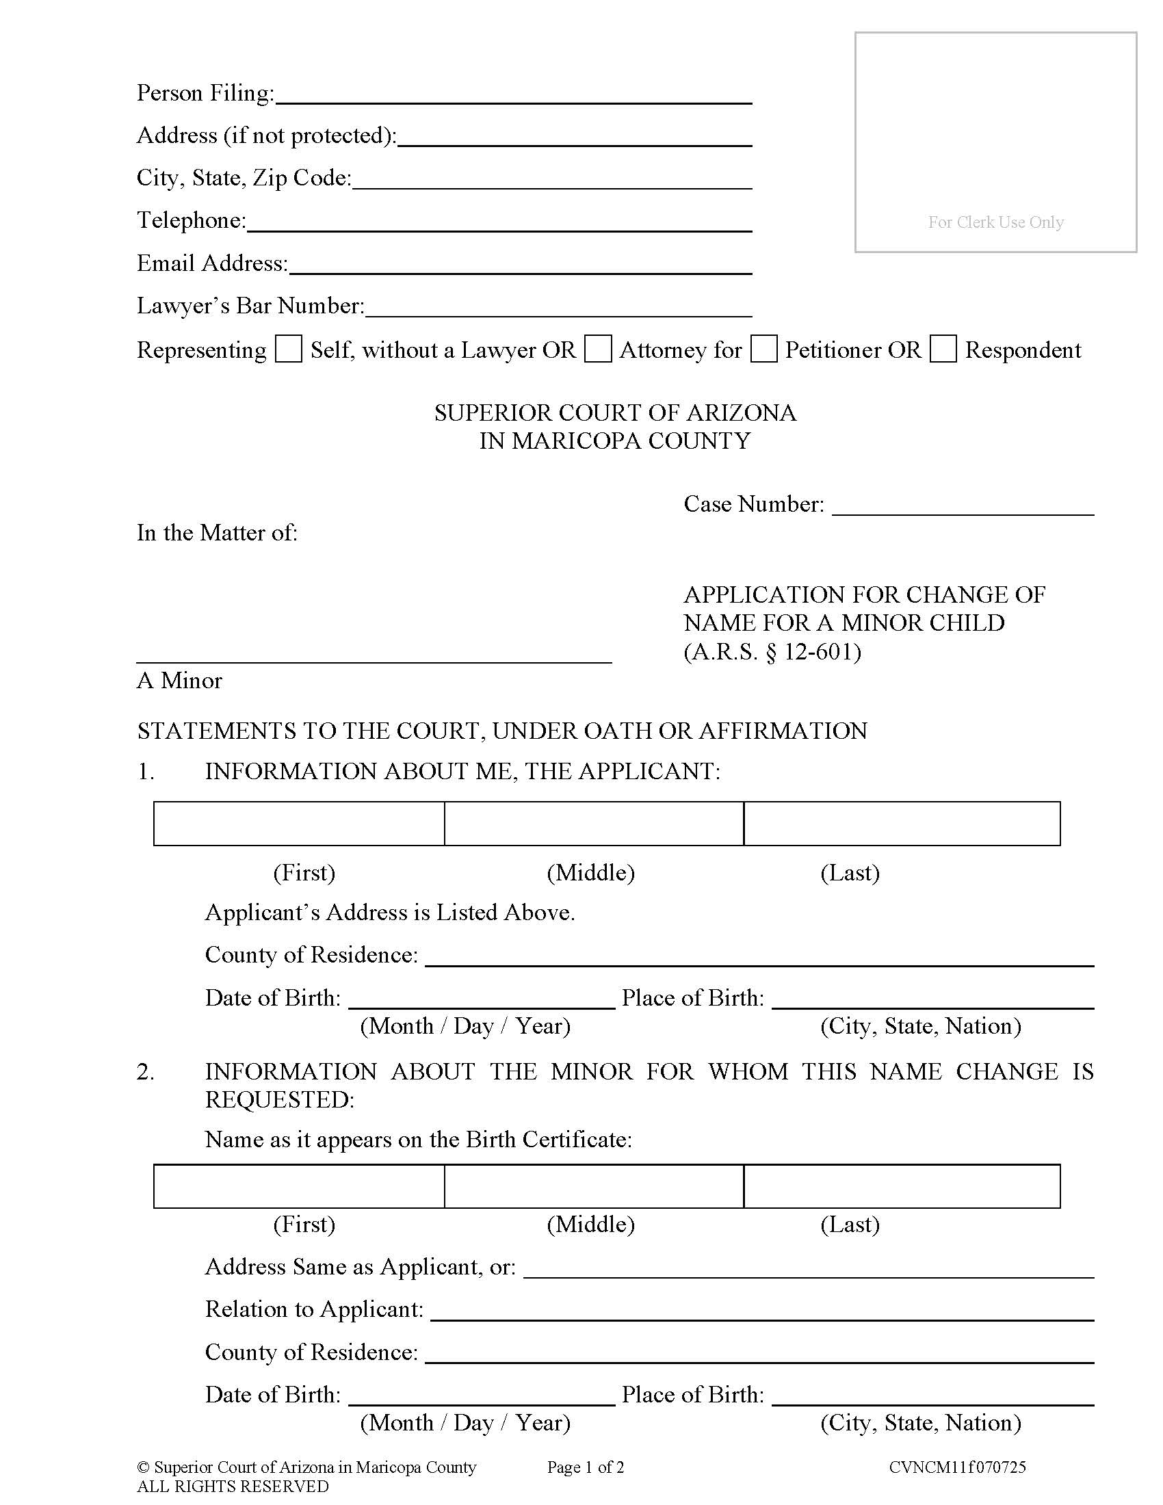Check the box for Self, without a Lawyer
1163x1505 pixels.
tap(288, 349)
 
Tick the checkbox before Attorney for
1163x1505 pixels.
tap(597, 349)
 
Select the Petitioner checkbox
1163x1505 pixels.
tap(763, 349)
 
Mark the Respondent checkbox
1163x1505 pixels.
tap(943, 349)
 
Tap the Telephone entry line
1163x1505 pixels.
tap(499, 222)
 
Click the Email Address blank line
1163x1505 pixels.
tap(520, 265)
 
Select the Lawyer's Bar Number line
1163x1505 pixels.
tap(558, 308)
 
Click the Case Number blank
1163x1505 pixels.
tap(963, 506)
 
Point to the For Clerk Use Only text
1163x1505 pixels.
tap(995, 222)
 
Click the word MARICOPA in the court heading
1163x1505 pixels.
tap(576, 441)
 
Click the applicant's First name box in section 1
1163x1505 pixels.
tap(299, 824)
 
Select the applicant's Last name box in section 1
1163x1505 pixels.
tap(902, 824)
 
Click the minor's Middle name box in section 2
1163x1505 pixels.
tap(594, 1186)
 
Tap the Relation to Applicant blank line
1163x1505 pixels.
tap(762, 1311)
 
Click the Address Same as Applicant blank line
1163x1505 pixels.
tap(809, 1268)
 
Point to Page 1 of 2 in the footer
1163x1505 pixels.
tap(586, 1467)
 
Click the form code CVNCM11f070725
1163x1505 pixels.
tap(957, 1467)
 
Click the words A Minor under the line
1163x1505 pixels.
tap(179, 681)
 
